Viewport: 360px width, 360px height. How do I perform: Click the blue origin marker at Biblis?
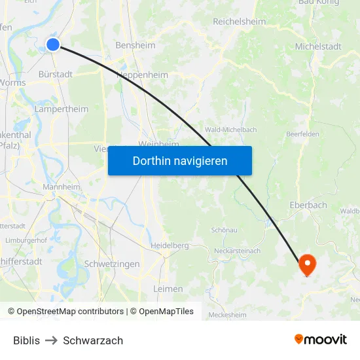click(x=53, y=45)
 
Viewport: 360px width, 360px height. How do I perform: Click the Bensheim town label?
click(x=135, y=46)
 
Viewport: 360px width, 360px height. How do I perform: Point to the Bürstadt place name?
click(x=56, y=74)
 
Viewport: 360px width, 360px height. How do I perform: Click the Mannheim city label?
click(x=61, y=187)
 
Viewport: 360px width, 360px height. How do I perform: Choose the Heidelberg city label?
click(x=170, y=245)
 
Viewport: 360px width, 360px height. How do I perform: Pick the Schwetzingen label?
click(x=112, y=264)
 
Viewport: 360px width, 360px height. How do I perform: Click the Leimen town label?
click(x=168, y=289)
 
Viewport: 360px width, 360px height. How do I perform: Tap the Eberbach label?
click(x=308, y=205)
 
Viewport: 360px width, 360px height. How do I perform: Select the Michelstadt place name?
click(x=318, y=46)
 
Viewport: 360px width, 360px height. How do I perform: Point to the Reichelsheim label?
click(x=240, y=22)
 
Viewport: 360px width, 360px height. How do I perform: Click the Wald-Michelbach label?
click(x=231, y=130)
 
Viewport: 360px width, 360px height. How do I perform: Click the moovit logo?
click(x=320, y=339)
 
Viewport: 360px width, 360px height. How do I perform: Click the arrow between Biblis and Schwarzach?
click(x=51, y=340)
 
